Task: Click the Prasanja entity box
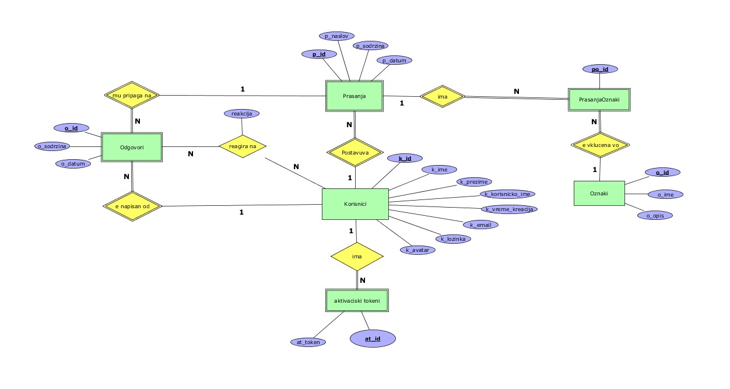click(x=355, y=96)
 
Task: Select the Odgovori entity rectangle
click(x=132, y=146)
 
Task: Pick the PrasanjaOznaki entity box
click(x=599, y=99)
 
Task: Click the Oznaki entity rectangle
click(x=599, y=193)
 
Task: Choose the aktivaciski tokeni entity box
click(x=357, y=300)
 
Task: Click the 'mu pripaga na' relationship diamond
click(x=132, y=94)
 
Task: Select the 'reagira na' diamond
click(x=243, y=146)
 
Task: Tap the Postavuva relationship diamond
click(x=355, y=153)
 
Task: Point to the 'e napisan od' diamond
click(x=132, y=206)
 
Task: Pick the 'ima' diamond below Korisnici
click(x=357, y=257)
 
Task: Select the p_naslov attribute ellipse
click(x=336, y=36)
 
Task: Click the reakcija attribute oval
click(x=241, y=114)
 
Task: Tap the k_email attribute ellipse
click(x=480, y=225)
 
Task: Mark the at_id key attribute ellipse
click(x=373, y=338)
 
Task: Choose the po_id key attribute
click(x=600, y=69)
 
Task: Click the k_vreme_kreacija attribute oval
click(x=508, y=209)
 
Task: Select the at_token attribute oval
click(x=308, y=342)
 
